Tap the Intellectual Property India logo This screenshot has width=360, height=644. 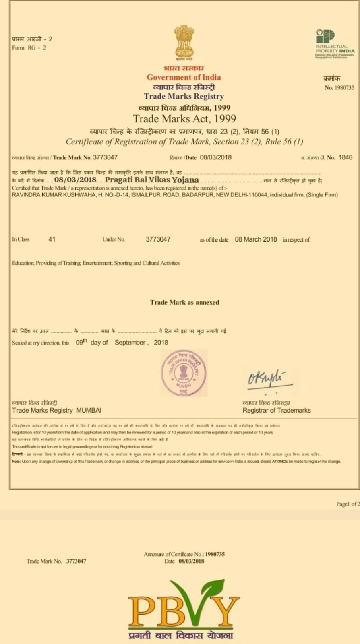pyautogui.click(x=335, y=43)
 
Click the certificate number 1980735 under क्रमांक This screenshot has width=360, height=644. pyautogui.click(x=344, y=87)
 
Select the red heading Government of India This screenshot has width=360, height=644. pyautogui.click(x=184, y=77)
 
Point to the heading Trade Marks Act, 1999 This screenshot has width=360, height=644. pyautogui.click(x=184, y=119)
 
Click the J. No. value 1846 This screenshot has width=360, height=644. pyautogui.click(x=345, y=157)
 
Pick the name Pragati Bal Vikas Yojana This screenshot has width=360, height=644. pyautogui.click(x=152, y=180)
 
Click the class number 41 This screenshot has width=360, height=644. pyautogui.click(x=52, y=239)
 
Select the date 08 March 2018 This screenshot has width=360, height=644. pyautogui.click(x=256, y=239)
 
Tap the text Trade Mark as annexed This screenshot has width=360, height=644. pyautogui.click(x=184, y=302)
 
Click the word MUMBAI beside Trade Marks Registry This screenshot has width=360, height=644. pyautogui.click(x=89, y=410)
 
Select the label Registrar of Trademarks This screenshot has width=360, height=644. pyautogui.click(x=276, y=410)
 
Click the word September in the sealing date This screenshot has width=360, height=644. pyautogui.click(x=130, y=343)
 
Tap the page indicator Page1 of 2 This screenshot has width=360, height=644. pyautogui.click(x=347, y=504)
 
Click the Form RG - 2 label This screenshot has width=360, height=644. pyautogui.click(x=29, y=47)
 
